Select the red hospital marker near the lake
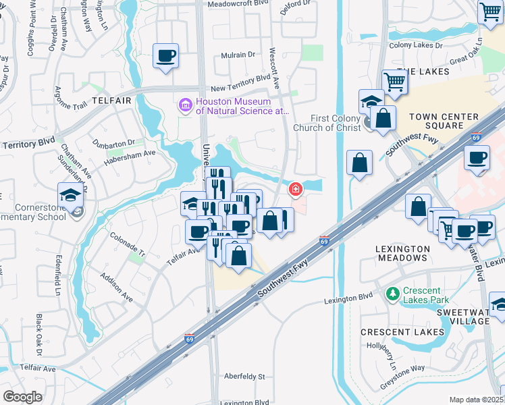pyautogui.click(x=295, y=190)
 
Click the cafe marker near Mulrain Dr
pyautogui.click(x=165, y=56)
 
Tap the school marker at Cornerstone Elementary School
pyautogui.click(x=70, y=196)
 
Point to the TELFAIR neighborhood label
pyautogui.click(x=111, y=100)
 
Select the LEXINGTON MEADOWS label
pyautogui.click(x=402, y=254)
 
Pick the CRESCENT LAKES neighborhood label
pyautogui.click(x=402, y=332)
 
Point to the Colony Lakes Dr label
pyautogui.click(x=415, y=45)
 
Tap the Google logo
pyautogui.click(x=23, y=397)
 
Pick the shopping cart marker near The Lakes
pyautogui.click(x=395, y=82)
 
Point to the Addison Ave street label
pyautogui.click(x=116, y=286)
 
